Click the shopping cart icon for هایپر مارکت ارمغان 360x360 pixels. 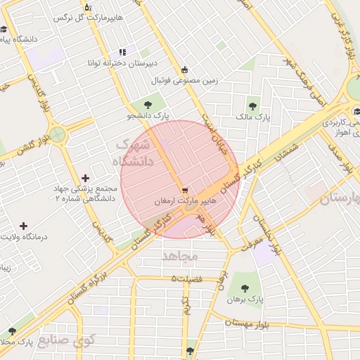[x=184, y=190]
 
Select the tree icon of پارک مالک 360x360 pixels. [x=252, y=106]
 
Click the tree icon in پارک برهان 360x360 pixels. [x=244, y=288]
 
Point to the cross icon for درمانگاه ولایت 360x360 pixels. [x=25, y=226]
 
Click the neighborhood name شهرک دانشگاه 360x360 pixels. [x=133, y=155]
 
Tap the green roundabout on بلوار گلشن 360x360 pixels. [x=57, y=134]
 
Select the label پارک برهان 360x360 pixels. [x=244, y=300]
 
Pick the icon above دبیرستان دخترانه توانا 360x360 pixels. [x=122, y=51]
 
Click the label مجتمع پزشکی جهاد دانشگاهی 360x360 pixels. [x=77, y=194]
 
